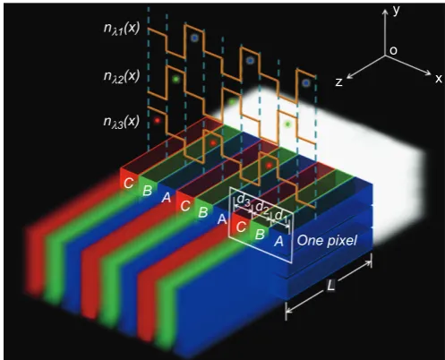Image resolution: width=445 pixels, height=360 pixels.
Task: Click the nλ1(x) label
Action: pyautogui.click(x=122, y=29)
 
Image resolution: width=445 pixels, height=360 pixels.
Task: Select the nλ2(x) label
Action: pyautogui.click(x=122, y=77)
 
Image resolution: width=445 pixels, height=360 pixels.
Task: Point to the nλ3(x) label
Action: pyautogui.click(x=122, y=121)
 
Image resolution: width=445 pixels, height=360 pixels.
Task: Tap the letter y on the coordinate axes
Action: pyautogui.click(x=396, y=11)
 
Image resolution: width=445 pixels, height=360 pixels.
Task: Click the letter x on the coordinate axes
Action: pyautogui.click(x=438, y=79)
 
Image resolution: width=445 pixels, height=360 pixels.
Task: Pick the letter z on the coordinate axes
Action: pyautogui.click(x=338, y=82)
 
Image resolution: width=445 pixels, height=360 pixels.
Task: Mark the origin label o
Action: pyautogui.click(x=393, y=51)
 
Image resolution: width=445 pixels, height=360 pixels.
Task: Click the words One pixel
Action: pyautogui.click(x=327, y=240)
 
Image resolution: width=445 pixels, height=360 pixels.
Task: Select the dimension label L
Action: pyautogui.click(x=330, y=286)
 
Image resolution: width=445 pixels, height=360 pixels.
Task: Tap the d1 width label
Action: pyautogui.click(x=280, y=216)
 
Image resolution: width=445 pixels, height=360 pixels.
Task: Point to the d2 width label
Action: pyautogui.click(x=262, y=207)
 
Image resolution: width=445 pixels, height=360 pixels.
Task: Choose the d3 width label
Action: pyautogui.click(x=244, y=201)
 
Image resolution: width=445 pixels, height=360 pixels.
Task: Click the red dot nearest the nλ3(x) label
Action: pyautogui.click(x=157, y=120)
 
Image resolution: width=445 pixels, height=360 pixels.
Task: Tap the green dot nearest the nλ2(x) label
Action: pyautogui.click(x=175, y=79)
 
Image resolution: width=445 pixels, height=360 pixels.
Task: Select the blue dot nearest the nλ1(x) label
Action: pyautogui.click(x=194, y=38)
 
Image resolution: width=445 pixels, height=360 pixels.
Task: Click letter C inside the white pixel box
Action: pyautogui.click(x=241, y=227)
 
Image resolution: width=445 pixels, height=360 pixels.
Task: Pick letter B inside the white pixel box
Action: pyautogui.click(x=260, y=234)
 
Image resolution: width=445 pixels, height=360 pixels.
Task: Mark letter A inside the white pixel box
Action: pyautogui.click(x=278, y=241)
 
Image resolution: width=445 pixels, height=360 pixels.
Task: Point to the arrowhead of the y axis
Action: pyautogui.click(x=385, y=12)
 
